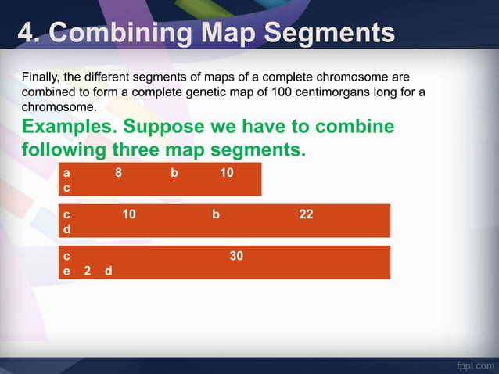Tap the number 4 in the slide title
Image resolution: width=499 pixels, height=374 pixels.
(x=26, y=34)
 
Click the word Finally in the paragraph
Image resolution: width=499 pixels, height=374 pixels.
(x=41, y=78)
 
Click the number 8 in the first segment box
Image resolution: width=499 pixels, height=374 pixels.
(x=118, y=172)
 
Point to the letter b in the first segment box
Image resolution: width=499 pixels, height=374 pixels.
(x=174, y=172)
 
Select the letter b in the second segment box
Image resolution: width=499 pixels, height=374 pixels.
(x=215, y=213)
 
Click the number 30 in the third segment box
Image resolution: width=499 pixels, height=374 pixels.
(x=236, y=254)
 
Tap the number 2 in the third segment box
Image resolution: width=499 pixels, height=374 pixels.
(x=87, y=271)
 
